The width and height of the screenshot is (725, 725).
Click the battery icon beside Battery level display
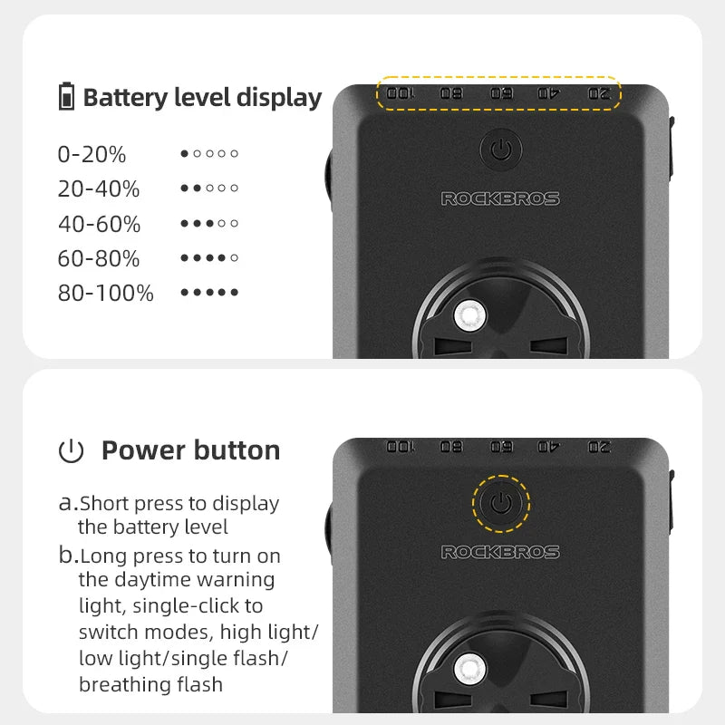[66, 97]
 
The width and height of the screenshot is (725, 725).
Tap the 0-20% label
[92, 155]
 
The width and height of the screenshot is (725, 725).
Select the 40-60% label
[99, 224]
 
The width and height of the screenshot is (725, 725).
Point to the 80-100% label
[105, 293]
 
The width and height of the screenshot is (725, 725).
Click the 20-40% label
[99, 189]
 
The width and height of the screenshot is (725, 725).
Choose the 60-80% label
[99, 258]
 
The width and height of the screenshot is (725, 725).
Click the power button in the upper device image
[500, 150]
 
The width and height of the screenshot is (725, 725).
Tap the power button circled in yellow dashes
[500, 503]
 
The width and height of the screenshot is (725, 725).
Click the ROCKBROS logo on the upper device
[500, 198]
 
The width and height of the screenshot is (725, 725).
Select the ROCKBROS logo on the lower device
[500, 552]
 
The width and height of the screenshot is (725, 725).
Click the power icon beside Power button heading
[71, 451]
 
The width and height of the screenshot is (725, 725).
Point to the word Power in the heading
[139, 450]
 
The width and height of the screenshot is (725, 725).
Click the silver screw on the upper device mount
[469, 315]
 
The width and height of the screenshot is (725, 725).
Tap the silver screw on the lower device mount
[469, 669]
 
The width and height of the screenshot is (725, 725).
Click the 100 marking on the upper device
[400, 93]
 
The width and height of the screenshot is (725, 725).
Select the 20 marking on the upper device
[599, 93]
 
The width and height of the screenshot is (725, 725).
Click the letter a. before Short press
[68, 503]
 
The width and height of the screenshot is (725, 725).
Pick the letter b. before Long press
[68, 556]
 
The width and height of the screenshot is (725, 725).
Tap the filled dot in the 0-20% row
[185, 154]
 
